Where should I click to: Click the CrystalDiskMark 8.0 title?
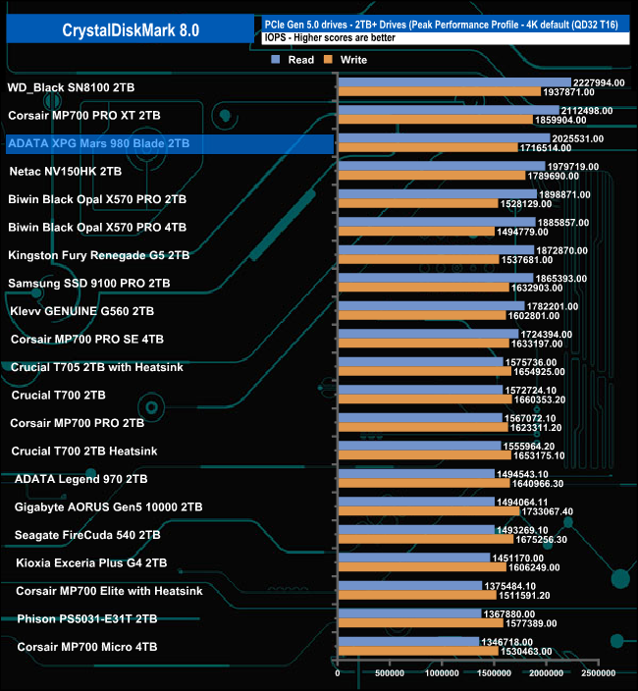(x=131, y=30)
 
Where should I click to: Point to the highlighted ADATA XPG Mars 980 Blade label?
(x=98, y=143)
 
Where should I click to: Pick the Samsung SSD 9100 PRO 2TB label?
(x=89, y=283)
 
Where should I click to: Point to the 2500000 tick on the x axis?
(x=598, y=673)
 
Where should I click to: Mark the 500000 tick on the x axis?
(x=390, y=673)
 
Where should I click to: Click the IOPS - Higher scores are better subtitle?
(x=325, y=38)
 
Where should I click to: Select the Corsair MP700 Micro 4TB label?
(x=87, y=647)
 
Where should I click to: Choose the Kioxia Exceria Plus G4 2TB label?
(x=87, y=563)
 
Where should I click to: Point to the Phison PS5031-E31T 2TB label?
(x=87, y=619)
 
